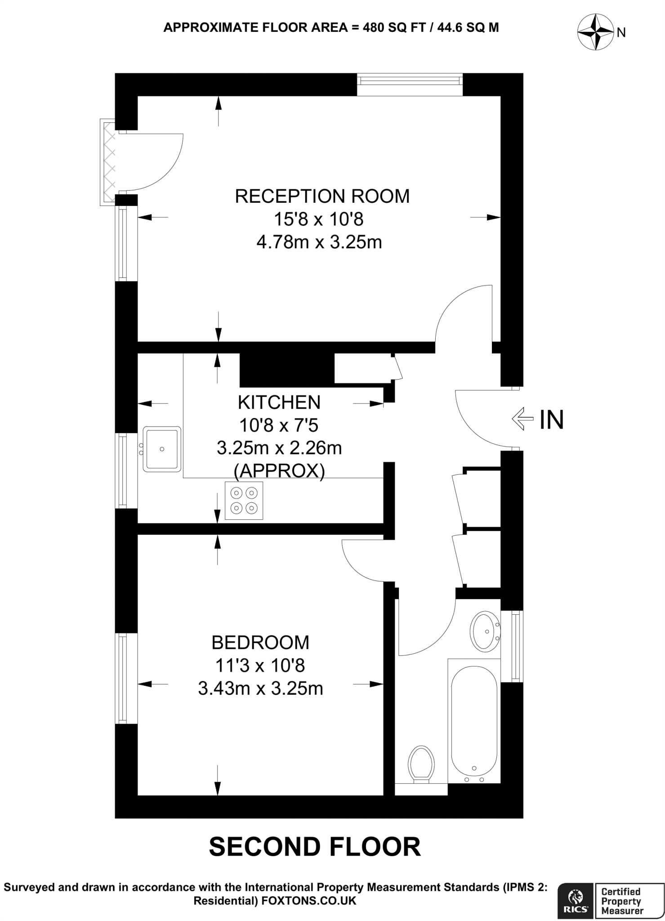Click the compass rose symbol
tap(595, 32)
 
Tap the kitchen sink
tap(162, 449)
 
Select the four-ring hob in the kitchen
tap(244, 501)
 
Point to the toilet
tap(421, 765)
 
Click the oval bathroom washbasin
tap(485, 631)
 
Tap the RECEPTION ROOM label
tap(322, 197)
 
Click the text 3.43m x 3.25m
tap(260, 689)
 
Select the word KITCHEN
tap(279, 402)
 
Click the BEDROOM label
tap(260, 643)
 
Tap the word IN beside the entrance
tap(551, 420)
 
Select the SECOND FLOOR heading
tap(315, 847)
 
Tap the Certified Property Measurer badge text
tap(621, 901)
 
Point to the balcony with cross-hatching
tap(108, 162)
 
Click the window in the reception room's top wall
tap(410, 80)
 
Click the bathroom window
tap(516, 646)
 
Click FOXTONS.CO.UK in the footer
tap(308, 900)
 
